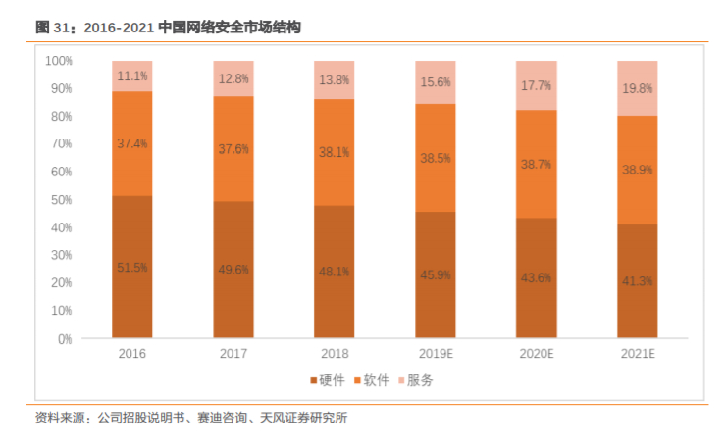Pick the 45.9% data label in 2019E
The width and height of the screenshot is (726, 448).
tap(435, 274)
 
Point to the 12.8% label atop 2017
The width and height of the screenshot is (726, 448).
tap(233, 77)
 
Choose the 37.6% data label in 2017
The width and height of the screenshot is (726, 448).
tap(233, 149)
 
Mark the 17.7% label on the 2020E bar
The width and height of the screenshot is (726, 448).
tap(536, 85)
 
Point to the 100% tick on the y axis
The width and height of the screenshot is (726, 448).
tap(58, 61)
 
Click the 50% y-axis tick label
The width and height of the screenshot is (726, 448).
tap(61, 200)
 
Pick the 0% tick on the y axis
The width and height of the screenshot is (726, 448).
tap(64, 339)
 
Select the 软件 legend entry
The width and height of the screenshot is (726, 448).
tap(376, 380)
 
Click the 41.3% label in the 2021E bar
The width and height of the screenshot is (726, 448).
tap(637, 281)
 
